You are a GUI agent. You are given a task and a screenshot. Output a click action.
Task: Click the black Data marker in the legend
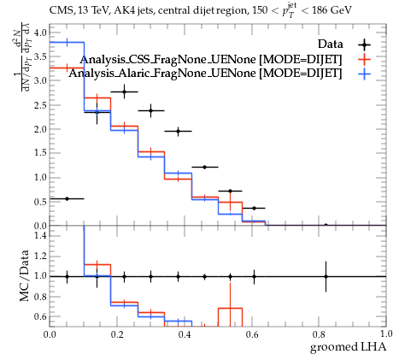(364, 44)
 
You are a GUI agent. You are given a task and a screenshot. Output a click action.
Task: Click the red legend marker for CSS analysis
(364, 59)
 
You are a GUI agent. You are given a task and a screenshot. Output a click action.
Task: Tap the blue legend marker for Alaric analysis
(364, 74)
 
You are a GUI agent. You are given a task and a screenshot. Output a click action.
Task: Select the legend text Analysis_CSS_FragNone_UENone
(168, 60)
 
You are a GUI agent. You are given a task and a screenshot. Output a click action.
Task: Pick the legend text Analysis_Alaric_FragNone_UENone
(162, 74)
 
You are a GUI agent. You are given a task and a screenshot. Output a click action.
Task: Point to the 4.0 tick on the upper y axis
(40, 32)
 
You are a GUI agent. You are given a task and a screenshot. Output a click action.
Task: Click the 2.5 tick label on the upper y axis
(40, 104)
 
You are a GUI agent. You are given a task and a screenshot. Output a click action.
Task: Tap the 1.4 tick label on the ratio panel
(40, 235)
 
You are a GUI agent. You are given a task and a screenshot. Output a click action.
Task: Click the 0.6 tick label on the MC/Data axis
(40, 316)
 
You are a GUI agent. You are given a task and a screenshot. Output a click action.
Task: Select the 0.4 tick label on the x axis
(185, 334)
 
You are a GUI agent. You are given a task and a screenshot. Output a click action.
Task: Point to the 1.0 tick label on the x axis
(386, 334)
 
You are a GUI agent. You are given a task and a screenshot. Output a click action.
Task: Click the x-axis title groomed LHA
(348, 347)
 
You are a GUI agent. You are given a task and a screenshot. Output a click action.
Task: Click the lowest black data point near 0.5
(67, 198)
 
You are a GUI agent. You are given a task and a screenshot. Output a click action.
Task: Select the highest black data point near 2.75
(124, 91)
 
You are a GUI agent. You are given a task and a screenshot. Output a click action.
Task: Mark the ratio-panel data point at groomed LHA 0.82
(326, 276)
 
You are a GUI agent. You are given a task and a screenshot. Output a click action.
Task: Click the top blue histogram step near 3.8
(67, 42)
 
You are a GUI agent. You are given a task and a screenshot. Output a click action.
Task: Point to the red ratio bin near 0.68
(230, 308)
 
